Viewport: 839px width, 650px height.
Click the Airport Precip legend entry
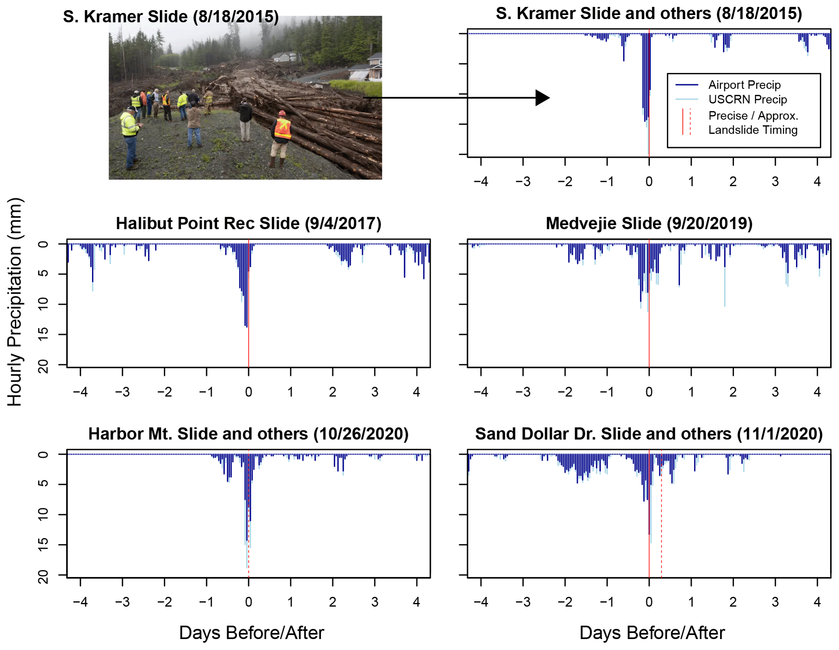pos(744,85)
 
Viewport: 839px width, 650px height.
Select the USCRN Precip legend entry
pos(747,99)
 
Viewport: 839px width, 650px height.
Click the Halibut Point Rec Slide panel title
pos(248,224)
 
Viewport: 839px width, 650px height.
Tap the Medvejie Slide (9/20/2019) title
pos(649,224)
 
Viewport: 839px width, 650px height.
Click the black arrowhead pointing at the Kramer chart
pos(542,98)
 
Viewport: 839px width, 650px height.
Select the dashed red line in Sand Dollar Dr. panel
pos(661,527)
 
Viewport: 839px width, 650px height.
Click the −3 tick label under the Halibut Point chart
pos(122,392)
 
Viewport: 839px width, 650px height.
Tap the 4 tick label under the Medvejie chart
pos(817,392)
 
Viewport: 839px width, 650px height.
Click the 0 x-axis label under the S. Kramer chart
pos(649,181)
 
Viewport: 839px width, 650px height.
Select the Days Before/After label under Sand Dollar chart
pos(652,633)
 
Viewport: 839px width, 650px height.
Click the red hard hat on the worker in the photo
pos(282,113)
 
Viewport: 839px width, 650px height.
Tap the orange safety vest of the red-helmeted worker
pos(283,129)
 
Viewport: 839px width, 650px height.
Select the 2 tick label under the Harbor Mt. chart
pos(332,602)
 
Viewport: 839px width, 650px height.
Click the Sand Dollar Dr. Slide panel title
pos(649,434)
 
